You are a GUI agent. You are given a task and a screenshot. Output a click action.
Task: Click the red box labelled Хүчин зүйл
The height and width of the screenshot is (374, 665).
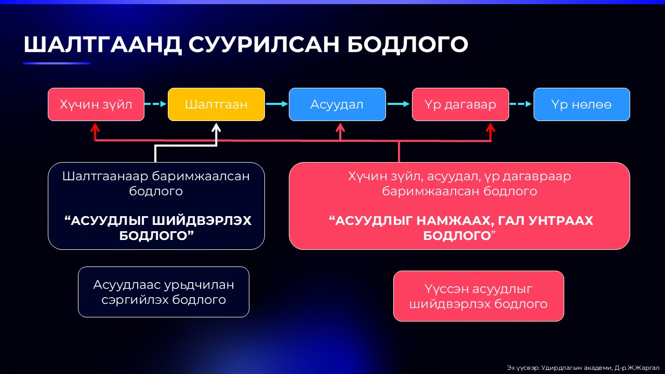coord(96,104)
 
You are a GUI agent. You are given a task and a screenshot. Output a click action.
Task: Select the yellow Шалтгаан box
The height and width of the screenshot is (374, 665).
coord(216,104)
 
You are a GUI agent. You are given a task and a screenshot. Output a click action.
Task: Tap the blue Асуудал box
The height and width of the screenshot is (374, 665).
coord(337,104)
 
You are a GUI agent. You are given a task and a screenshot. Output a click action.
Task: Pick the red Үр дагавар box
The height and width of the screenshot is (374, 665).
coord(460,104)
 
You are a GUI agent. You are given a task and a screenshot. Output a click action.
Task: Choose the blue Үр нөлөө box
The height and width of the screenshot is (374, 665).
coord(581,104)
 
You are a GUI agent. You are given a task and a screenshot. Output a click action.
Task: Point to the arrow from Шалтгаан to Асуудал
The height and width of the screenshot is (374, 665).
coord(276,104)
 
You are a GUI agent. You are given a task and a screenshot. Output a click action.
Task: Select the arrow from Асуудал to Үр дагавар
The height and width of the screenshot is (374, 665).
coord(398,104)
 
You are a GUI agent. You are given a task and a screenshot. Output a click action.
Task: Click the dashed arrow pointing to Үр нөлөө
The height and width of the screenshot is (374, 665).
coord(521,104)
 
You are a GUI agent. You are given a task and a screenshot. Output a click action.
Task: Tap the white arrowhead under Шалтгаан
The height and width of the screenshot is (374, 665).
coord(217,127)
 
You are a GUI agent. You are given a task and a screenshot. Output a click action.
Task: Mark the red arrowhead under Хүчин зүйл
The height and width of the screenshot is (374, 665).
coord(95,127)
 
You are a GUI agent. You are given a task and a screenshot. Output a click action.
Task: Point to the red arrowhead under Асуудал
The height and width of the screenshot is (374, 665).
coord(340,127)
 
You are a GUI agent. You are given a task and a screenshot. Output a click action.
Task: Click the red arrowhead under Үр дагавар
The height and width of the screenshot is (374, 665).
coord(490,127)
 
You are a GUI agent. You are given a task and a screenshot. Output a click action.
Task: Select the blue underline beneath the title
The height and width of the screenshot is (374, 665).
coord(57,63)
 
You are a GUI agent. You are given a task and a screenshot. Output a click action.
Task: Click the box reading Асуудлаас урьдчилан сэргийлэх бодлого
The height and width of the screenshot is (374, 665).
coord(164,292)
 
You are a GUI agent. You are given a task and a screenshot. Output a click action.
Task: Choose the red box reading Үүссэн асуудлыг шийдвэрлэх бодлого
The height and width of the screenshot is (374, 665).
coord(478,296)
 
